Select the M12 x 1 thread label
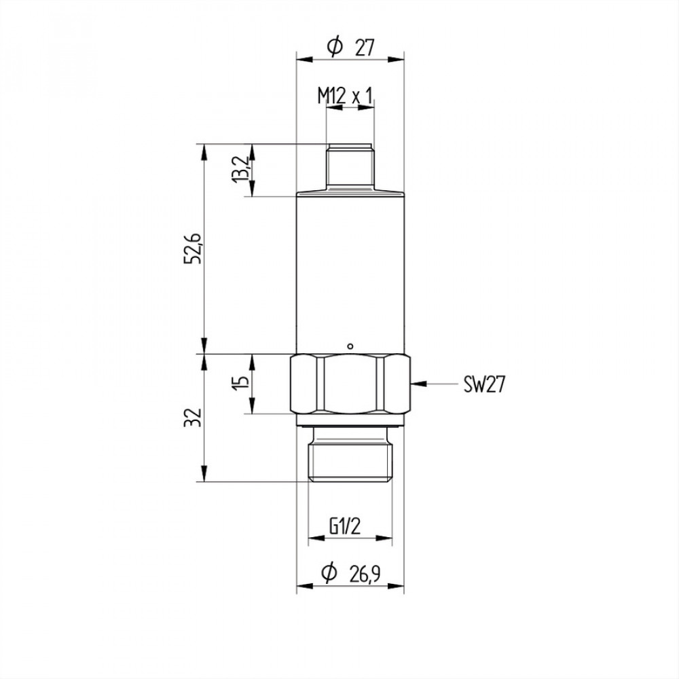click(x=345, y=96)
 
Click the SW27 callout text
click(x=484, y=384)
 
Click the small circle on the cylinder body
click(x=351, y=346)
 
